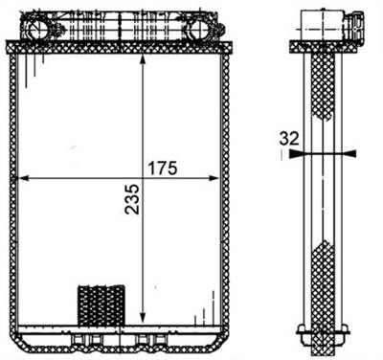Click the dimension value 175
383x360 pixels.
pyautogui.click(x=163, y=169)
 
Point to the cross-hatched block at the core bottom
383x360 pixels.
pyautogui.click(x=101, y=304)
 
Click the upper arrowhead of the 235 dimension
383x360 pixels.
pyautogui.click(x=143, y=60)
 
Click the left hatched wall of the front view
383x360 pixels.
pyautogui.click(x=11, y=191)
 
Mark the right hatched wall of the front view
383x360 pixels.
pyautogui.click(x=226, y=191)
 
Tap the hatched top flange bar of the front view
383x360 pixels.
pyautogui.click(x=120, y=46)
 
